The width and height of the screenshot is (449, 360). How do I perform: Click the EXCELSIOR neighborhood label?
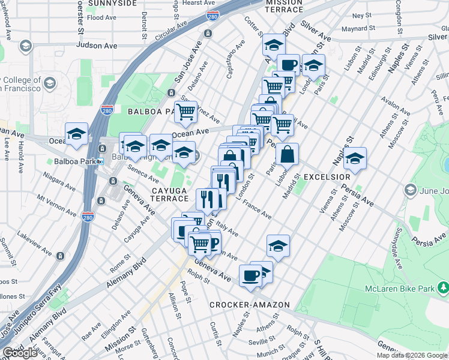[327, 177]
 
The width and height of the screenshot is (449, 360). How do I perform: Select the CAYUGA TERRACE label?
[166, 196]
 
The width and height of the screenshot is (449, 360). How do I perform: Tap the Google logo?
[20, 353]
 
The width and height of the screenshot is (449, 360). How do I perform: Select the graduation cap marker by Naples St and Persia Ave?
[355, 158]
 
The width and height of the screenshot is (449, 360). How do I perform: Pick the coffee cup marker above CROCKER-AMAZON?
[250, 276]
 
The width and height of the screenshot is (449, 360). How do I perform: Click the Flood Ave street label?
[101, 18]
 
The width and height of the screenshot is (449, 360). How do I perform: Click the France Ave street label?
[257, 209]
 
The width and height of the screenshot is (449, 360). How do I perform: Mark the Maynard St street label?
[358, 28]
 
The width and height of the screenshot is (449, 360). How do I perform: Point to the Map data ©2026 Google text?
[411, 355]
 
